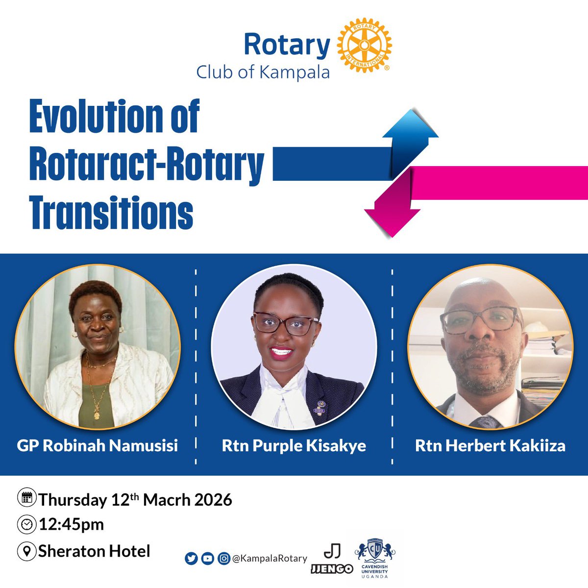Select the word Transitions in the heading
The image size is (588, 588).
pyautogui.click(x=111, y=212)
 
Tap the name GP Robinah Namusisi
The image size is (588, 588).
pyautogui.click(x=97, y=446)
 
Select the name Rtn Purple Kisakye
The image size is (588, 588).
pyautogui.click(x=294, y=446)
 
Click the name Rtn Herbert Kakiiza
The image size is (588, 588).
pyautogui.click(x=490, y=446)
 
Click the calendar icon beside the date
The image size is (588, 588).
pyautogui.click(x=25, y=498)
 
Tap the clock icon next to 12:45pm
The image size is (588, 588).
pyautogui.click(x=25, y=524)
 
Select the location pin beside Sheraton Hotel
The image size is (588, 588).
pyautogui.click(x=25, y=551)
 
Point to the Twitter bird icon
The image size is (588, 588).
pyautogui.click(x=191, y=559)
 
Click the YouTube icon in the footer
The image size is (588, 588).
pyautogui.click(x=207, y=559)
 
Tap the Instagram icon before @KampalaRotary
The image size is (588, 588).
pyautogui.click(x=223, y=559)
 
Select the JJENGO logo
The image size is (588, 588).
pyautogui.click(x=332, y=560)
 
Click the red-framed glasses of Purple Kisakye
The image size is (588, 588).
pyautogui.click(x=287, y=323)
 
